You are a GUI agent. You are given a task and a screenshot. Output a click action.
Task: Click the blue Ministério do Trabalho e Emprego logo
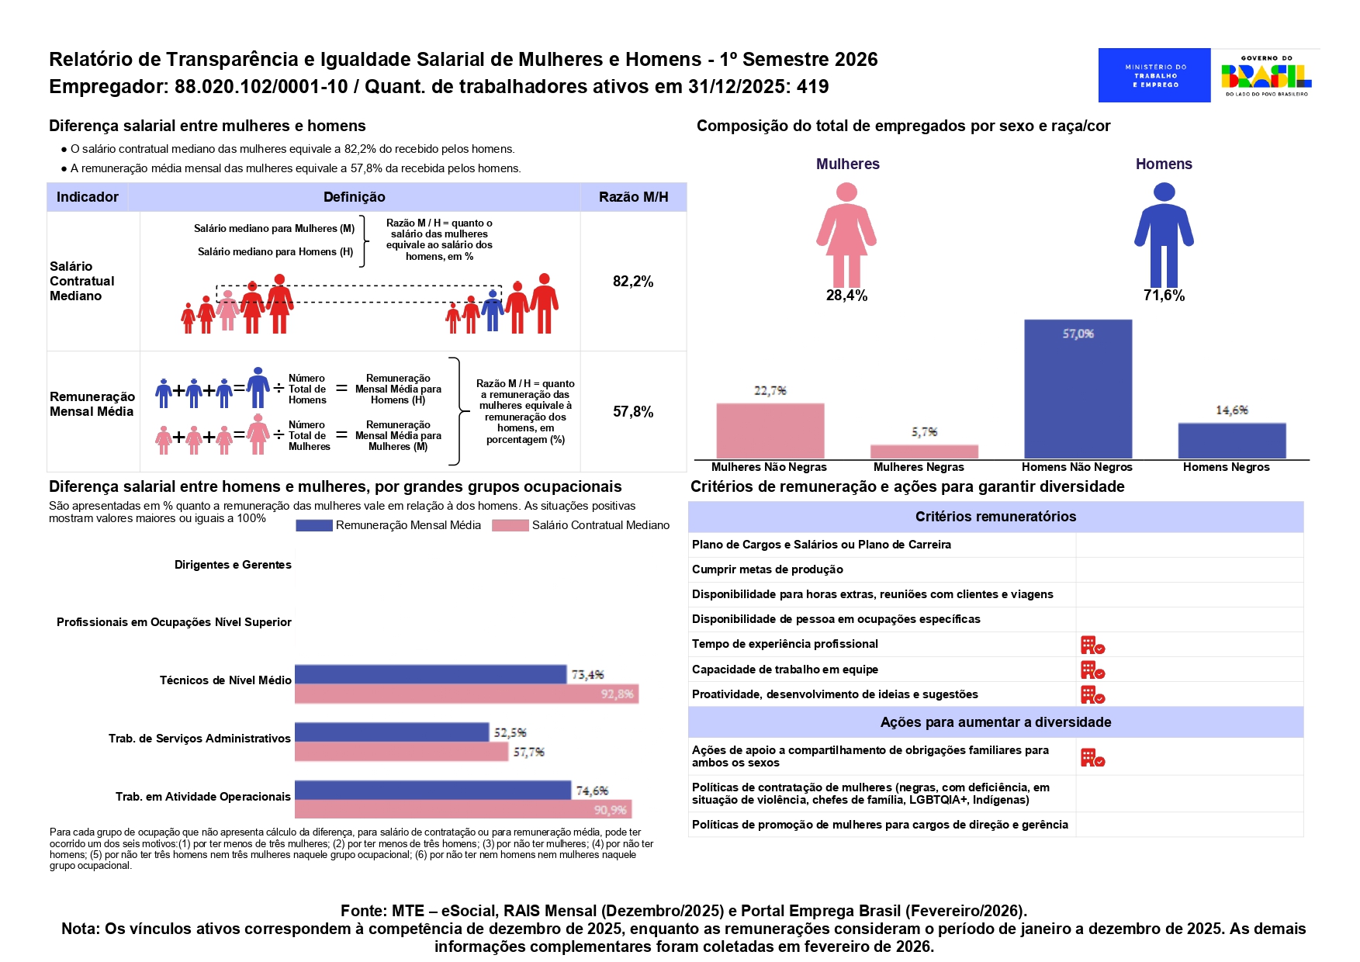[1154, 75]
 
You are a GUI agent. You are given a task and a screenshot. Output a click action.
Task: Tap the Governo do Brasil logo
[1265, 75]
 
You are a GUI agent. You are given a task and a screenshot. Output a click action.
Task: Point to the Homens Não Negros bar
[1078, 389]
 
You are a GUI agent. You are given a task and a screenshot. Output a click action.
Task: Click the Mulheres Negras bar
[924, 452]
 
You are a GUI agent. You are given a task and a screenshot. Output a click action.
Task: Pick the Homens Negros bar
[1231, 441]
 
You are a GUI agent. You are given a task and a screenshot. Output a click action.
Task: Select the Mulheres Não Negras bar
[770, 431]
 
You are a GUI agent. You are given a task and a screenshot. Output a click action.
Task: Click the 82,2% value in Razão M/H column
[633, 282]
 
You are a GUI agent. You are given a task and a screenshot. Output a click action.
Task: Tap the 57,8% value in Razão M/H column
[633, 412]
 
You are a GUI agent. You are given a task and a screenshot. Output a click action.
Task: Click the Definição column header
[354, 197]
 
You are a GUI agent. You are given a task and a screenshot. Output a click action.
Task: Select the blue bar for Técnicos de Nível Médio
[431, 674]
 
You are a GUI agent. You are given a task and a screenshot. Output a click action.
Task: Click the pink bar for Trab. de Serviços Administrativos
[401, 752]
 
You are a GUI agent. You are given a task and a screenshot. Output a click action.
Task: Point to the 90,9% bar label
[610, 810]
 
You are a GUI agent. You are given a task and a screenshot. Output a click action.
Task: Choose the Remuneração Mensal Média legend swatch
[314, 525]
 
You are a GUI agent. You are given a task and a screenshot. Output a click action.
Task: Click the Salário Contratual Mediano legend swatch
[510, 525]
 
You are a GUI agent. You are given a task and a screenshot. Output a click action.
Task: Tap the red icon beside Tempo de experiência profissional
[1092, 645]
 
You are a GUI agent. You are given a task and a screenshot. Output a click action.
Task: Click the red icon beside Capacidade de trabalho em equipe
[1092, 670]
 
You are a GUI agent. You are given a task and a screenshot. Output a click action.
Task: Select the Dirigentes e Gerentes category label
[233, 565]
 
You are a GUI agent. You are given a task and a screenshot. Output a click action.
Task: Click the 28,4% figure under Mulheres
[846, 296]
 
